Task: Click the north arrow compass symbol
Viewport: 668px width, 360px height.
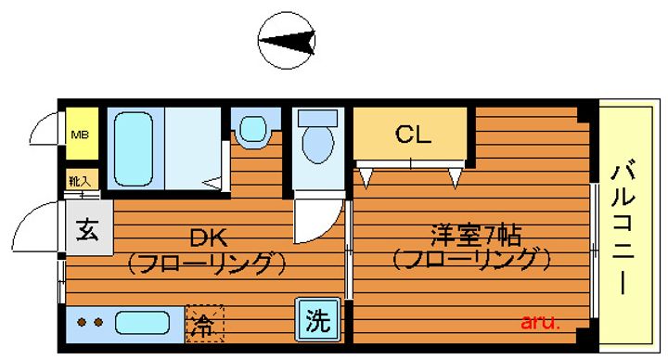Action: click(287, 41)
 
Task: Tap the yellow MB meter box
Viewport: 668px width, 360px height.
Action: click(82, 134)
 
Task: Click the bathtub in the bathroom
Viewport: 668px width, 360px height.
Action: click(134, 148)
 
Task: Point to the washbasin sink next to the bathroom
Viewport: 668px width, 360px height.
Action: click(253, 130)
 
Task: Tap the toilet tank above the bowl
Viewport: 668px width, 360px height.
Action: click(318, 118)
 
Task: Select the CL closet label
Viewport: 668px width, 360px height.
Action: click(413, 135)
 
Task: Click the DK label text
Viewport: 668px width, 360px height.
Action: click(209, 238)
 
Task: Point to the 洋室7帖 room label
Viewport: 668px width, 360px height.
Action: click(476, 236)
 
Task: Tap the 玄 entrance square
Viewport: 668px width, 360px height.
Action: click(89, 228)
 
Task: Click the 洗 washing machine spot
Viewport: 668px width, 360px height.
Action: click(318, 320)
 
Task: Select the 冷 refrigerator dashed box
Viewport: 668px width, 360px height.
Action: click(205, 324)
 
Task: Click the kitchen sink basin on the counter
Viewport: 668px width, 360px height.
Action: click(142, 323)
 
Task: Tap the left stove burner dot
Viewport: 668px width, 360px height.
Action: click(82, 323)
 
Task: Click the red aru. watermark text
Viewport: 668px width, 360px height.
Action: click(540, 322)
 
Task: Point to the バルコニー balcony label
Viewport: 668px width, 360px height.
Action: click(623, 227)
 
